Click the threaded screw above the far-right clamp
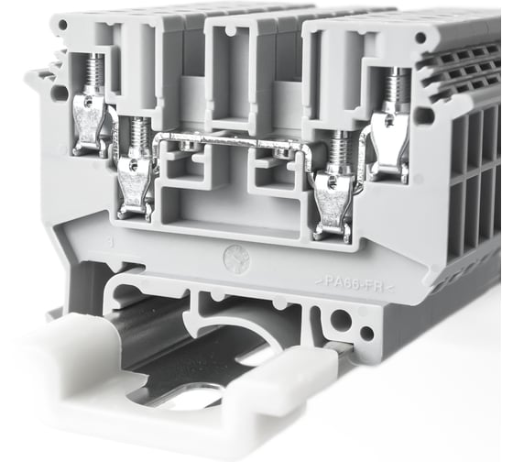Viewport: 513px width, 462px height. (x=396, y=88)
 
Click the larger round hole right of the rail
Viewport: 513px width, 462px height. (x=342, y=320)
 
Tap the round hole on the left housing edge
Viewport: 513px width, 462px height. (x=60, y=92)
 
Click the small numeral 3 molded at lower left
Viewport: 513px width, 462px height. (x=110, y=245)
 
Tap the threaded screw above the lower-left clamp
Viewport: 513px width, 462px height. (x=138, y=136)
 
